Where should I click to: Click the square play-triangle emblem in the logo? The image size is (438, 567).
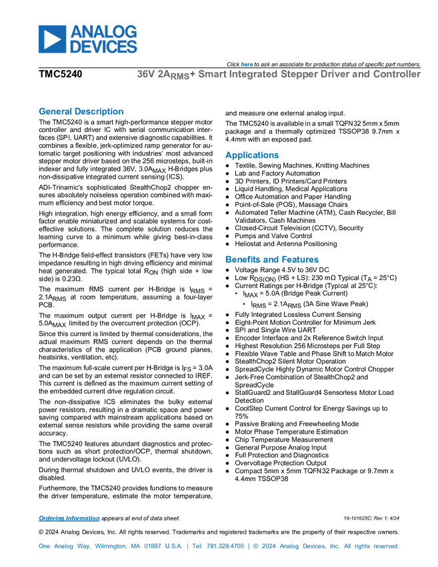coord(51,39)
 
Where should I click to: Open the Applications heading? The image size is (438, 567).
coord(252,155)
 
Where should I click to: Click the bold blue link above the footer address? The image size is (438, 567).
coord(68,518)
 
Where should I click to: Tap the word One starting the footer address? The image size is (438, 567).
coord(43,546)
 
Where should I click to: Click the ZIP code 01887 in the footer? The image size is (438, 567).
coord(154,546)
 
